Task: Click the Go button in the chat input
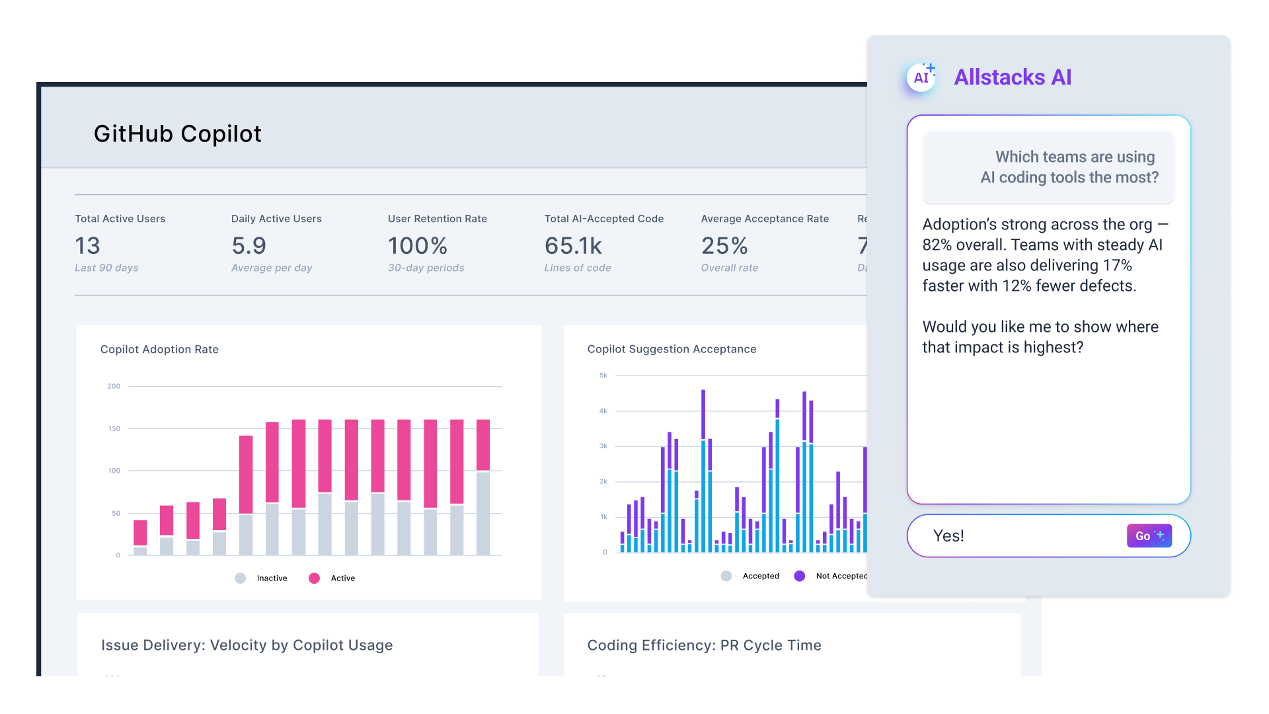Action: [1149, 535]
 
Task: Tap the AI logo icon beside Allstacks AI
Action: [921, 77]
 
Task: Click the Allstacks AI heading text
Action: [1013, 77]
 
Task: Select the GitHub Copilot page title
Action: [177, 134]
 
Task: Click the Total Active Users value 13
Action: [87, 246]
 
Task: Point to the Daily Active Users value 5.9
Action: [249, 246]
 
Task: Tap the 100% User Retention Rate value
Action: [417, 246]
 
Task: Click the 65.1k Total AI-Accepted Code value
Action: [573, 246]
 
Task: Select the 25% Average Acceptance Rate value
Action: [724, 246]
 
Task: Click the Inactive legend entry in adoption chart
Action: [271, 578]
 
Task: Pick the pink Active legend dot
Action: [314, 578]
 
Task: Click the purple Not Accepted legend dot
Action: [799, 576]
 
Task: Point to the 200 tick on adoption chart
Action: [114, 386]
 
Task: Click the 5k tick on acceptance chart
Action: [603, 375]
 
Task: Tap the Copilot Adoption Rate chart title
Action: [159, 349]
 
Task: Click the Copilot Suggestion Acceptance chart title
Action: [672, 349]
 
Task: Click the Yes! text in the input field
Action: [948, 535]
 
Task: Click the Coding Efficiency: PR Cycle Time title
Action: [704, 645]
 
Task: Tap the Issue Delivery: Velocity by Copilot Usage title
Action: [247, 645]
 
